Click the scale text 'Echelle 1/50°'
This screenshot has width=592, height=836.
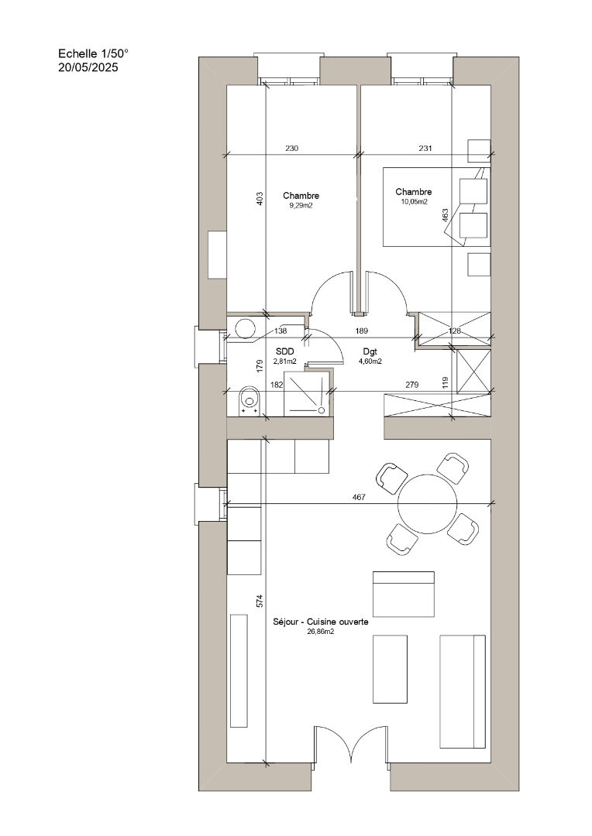coord(94,54)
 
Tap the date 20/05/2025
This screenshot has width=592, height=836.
coord(88,67)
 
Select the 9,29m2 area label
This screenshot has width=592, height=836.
coord(301,205)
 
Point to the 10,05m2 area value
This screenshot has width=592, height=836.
coord(415,201)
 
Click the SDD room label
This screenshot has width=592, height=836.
coord(285,352)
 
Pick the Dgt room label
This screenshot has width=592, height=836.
coord(370,352)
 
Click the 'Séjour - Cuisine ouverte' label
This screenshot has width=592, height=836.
coord(320,622)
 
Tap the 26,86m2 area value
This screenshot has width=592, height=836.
coord(320,632)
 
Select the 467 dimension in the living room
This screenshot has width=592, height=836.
coord(360,498)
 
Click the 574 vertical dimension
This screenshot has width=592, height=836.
coord(260,601)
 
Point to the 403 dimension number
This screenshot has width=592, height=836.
coord(260,200)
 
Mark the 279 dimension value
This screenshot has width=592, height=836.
coord(411,385)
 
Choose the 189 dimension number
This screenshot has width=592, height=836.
coord(361,331)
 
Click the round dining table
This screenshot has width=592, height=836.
coord(428,503)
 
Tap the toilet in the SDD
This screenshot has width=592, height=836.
coord(249,400)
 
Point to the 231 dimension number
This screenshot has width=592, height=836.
coord(425,148)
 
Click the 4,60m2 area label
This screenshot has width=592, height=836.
coord(370,361)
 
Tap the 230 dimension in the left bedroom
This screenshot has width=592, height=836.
coord(291,148)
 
